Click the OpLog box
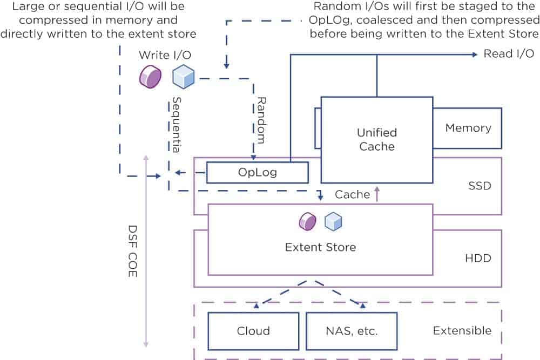pyautogui.click(x=257, y=173)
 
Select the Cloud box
pyautogui.click(x=253, y=331)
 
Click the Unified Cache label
pyautogui.click(x=376, y=139)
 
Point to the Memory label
pyautogui.click(x=468, y=128)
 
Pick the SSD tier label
pyautogui.click(x=480, y=186)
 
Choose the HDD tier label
pyautogui.click(x=478, y=258)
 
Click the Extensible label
pyautogui.click(x=462, y=330)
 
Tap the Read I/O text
pyautogui.click(x=509, y=53)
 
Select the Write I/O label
pyautogui.click(x=165, y=55)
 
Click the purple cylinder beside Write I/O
pyautogui.click(x=150, y=77)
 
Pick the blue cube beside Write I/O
pyautogui.click(x=183, y=77)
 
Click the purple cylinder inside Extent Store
pyautogui.click(x=308, y=221)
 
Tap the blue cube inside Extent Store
pyautogui.click(x=333, y=221)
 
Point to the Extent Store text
pyautogui.click(x=320, y=247)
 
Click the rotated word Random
pyautogui.click(x=261, y=120)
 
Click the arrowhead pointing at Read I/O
pyautogui.click(x=474, y=54)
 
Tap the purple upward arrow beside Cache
pyautogui.click(x=377, y=193)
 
